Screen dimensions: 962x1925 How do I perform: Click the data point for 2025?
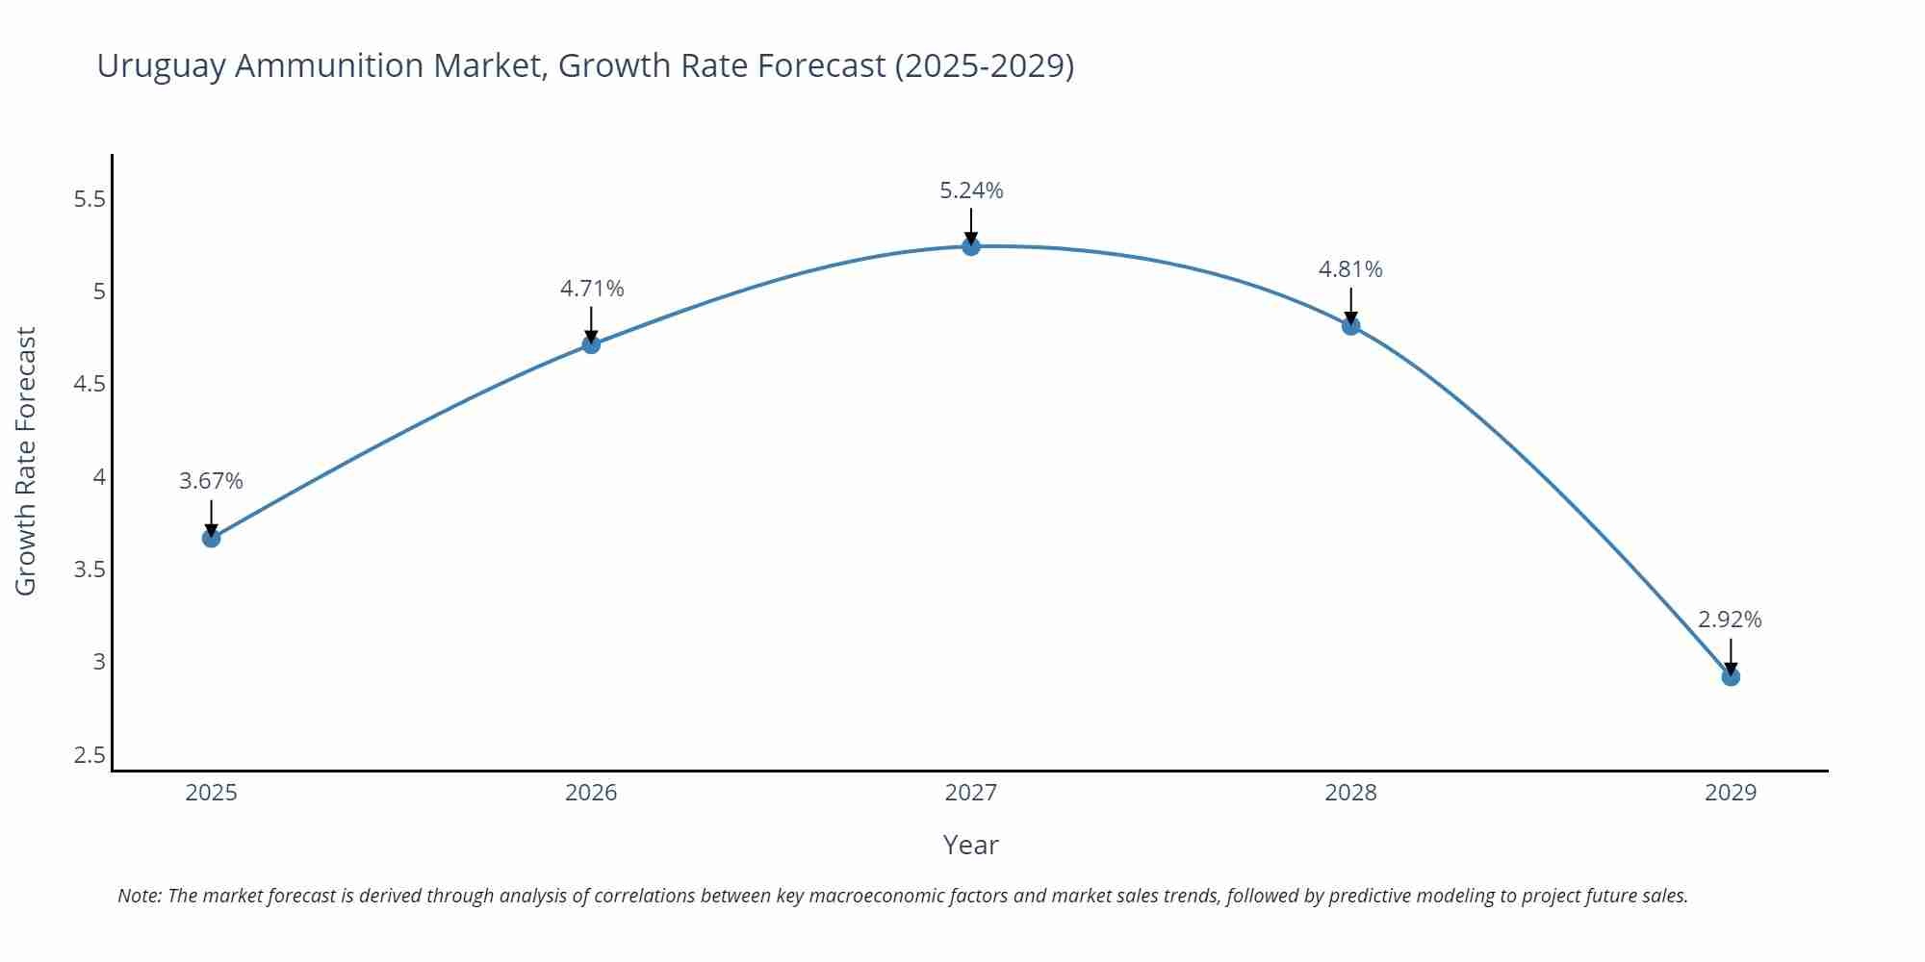(211, 538)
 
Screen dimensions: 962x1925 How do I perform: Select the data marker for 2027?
(970, 246)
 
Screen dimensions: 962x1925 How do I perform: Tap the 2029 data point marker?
(1730, 676)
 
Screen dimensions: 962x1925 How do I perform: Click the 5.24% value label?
(970, 190)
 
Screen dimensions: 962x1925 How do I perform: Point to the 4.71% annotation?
(592, 289)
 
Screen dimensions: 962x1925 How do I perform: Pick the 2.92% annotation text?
(1729, 620)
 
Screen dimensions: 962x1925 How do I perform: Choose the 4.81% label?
(1349, 269)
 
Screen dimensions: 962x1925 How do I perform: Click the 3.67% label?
(211, 481)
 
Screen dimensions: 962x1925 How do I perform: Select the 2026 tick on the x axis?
(591, 793)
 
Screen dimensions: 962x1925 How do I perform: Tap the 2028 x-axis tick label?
(1349, 793)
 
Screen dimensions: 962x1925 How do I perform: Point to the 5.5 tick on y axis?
(89, 199)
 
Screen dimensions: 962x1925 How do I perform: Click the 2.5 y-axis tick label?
(89, 755)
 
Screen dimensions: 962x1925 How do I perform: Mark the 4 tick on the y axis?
(98, 477)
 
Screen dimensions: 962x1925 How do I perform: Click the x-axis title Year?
(970, 845)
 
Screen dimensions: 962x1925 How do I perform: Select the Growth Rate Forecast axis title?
(26, 461)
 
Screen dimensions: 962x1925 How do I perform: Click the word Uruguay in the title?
(161, 65)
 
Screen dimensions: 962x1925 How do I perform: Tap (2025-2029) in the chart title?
(984, 65)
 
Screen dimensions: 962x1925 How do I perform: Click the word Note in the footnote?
(138, 896)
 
